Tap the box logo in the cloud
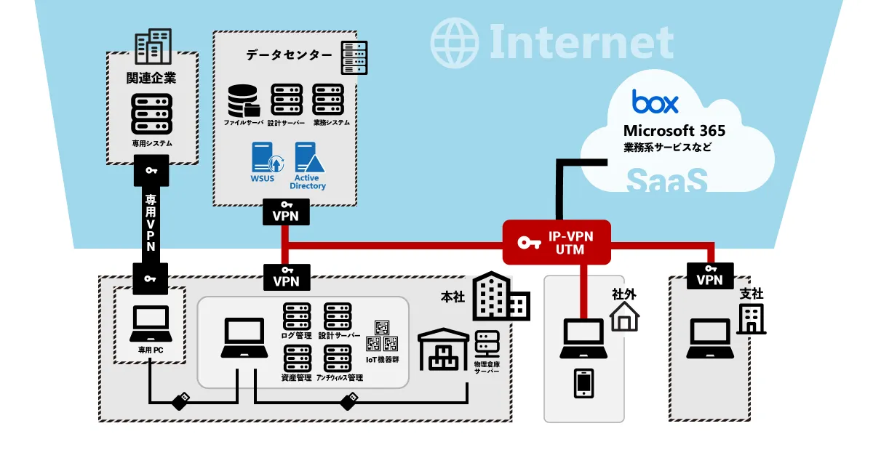tap(655, 102)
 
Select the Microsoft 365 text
tap(674, 131)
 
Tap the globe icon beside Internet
tap(454, 43)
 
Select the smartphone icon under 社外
tap(583, 383)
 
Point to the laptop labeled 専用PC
tap(149, 324)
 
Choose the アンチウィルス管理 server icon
tap(338, 358)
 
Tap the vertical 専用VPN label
tap(151, 222)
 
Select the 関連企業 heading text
tap(151, 77)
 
